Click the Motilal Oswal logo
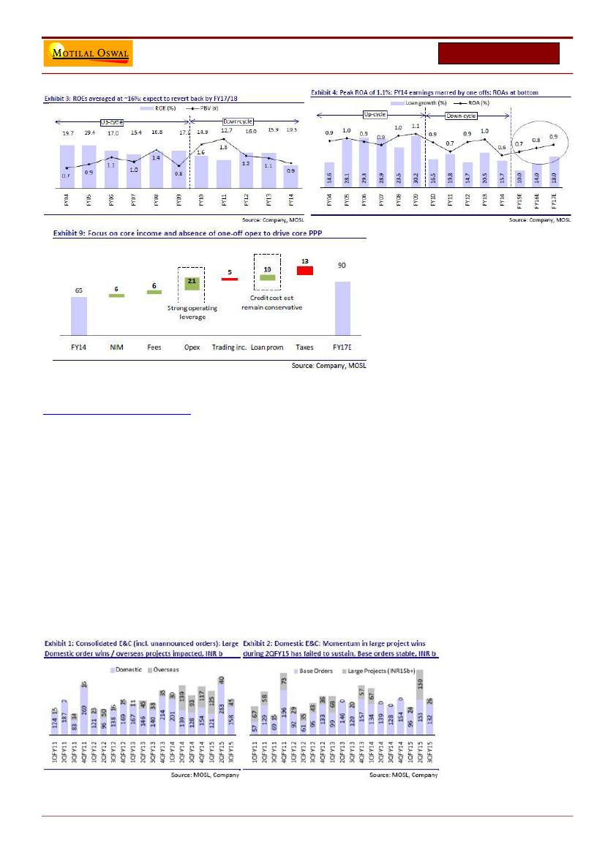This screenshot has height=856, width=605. click(x=88, y=53)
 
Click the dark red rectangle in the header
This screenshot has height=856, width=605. click(x=499, y=53)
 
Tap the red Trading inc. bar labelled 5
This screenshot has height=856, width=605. click(x=230, y=279)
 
